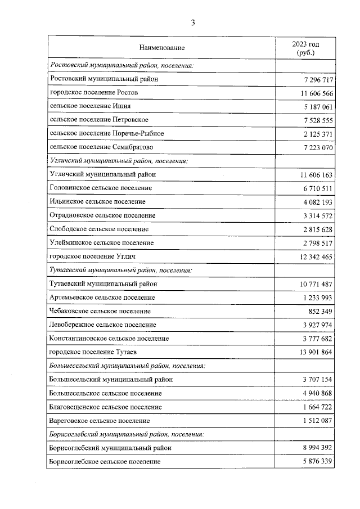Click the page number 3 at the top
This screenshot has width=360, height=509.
pos(193,23)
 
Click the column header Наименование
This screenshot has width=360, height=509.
pos(163,48)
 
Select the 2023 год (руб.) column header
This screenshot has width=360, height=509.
pos(305,48)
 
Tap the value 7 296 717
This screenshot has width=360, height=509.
pos(317,79)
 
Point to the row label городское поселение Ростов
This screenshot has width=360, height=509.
pos(93,92)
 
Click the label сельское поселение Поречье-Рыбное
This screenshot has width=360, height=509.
pos(107,133)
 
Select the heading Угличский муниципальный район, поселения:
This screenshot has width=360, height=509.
pos(118,161)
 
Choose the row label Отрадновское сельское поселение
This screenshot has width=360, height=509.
pos(102,215)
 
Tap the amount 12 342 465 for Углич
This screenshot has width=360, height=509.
pos(315,256)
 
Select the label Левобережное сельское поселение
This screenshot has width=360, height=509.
pos(103,325)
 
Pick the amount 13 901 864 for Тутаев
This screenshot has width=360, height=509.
pos(315,352)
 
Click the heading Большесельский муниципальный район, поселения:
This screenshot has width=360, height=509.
pos(127,366)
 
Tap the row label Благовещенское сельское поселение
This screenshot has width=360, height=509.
pos(106,407)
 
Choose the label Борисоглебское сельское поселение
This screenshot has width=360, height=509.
pos(105,461)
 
